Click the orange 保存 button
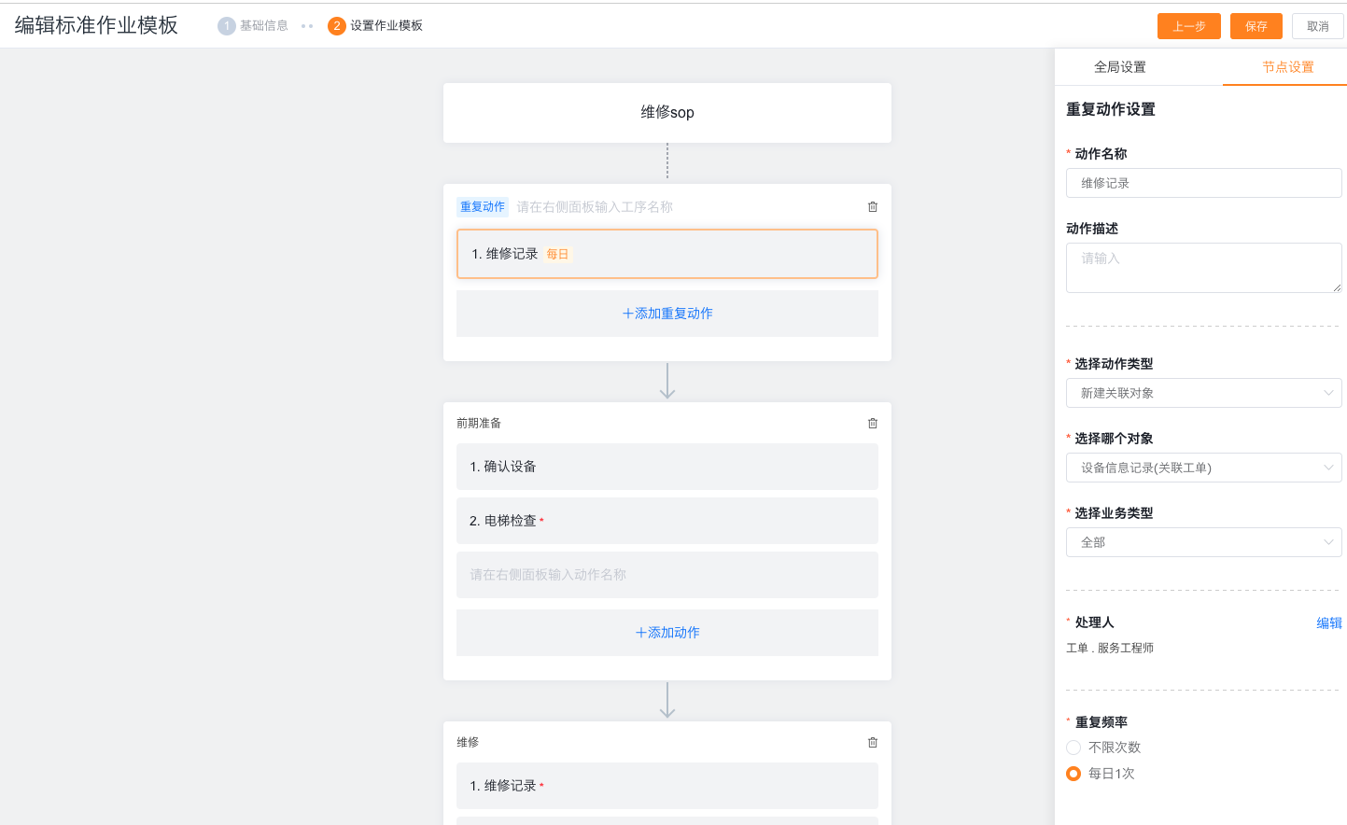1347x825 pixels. click(x=1256, y=26)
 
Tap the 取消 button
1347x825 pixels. click(x=1317, y=26)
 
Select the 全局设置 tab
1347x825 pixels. click(x=1119, y=67)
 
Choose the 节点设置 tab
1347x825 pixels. click(x=1287, y=67)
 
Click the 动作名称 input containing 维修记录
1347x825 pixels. click(x=1203, y=183)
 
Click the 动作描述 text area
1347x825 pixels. click(x=1203, y=268)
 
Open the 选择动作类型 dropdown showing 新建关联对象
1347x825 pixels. click(x=1203, y=393)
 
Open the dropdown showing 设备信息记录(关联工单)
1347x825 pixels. click(x=1203, y=468)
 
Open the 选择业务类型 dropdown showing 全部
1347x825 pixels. click(x=1203, y=542)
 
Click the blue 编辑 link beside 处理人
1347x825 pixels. click(x=1329, y=623)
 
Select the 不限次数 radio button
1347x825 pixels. click(x=1073, y=748)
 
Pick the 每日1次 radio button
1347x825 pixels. click(x=1073, y=774)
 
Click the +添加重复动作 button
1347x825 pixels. click(x=666, y=314)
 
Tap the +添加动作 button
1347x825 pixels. click(x=666, y=633)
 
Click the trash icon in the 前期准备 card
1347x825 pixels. click(x=873, y=424)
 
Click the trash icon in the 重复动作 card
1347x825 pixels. click(x=873, y=207)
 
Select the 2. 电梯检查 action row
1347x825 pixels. click(x=666, y=521)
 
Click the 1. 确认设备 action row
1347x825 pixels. click(x=666, y=467)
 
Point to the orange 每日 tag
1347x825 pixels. click(x=557, y=255)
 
